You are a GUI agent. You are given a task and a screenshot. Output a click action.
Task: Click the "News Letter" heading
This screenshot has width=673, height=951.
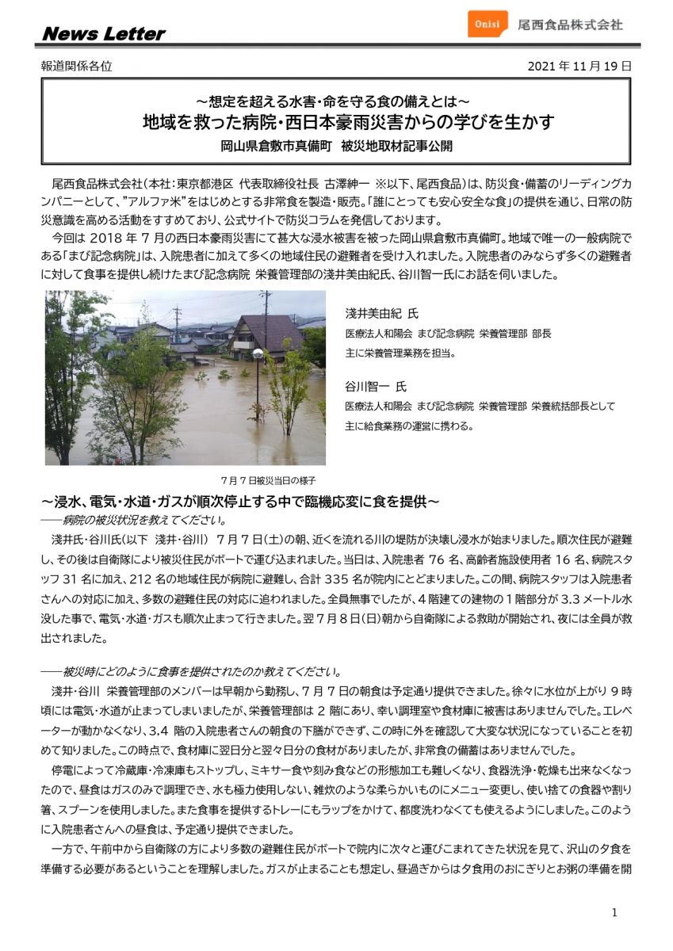[x=103, y=34]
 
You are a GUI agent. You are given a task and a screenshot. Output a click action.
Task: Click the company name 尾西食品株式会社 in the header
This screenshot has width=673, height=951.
[x=570, y=24]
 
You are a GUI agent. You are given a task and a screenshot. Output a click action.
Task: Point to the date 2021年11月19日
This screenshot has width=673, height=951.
[x=579, y=67]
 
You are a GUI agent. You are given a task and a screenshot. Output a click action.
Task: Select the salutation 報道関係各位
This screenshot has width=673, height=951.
[x=76, y=67]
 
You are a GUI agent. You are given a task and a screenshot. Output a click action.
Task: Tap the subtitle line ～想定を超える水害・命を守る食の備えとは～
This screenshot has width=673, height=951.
[x=336, y=101]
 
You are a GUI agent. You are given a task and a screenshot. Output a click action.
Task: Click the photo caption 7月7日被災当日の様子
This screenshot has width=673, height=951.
[x=269, y=480]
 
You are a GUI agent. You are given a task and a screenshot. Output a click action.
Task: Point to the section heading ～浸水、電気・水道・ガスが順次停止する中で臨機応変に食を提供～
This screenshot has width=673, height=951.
[x=240, y=502]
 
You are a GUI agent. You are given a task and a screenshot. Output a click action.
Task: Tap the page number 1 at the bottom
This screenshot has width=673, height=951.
[x=614, y=913]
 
